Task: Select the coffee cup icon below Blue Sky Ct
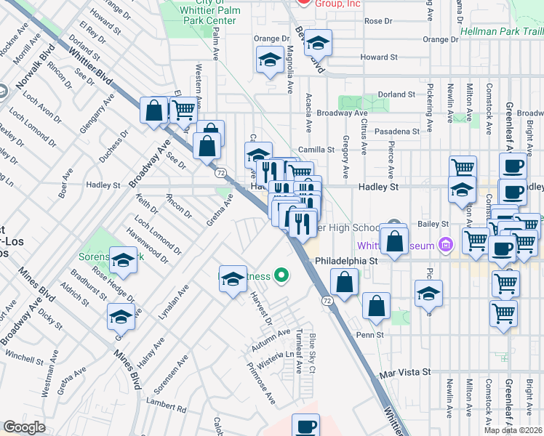(305, 427)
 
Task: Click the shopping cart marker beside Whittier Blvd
(183, 110)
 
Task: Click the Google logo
(25, 427)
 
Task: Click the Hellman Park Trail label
(502, 31)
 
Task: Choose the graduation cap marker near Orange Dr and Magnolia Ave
(270, 60)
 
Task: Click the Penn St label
(369, 335)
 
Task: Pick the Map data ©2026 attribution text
(513, 430)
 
